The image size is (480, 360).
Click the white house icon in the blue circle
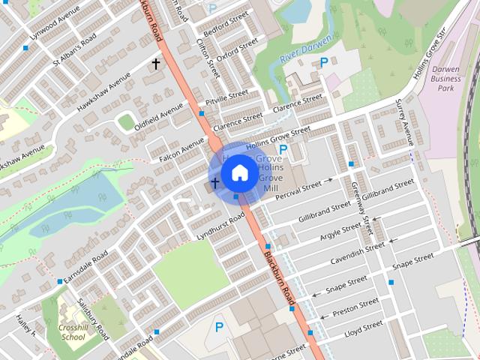(239, 172)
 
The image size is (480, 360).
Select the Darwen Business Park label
(448, 78)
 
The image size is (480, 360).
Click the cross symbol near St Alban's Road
(156, 64)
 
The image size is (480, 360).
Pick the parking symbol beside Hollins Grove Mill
(283, 151)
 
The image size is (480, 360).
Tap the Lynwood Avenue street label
(54, 25)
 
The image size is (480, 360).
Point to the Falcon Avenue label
(181, 150)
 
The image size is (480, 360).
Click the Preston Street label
(355, 307)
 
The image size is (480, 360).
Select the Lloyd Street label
(363, 328)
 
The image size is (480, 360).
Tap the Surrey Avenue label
(405, 124)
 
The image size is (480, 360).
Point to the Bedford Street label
(227, 25)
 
